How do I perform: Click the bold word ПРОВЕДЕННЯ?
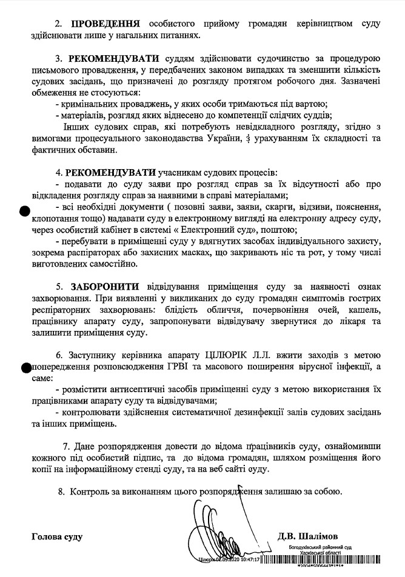(x=105, y=24)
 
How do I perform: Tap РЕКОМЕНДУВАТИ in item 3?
(x=115, y=59)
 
